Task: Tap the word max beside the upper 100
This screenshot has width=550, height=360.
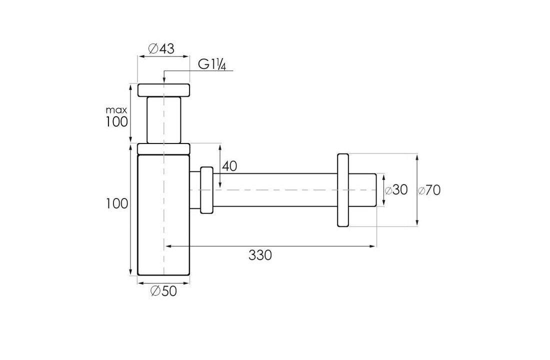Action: coord(117,109)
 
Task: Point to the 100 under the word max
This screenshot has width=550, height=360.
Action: coord(117,121)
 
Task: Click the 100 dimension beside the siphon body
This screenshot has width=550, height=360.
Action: coord(117,203)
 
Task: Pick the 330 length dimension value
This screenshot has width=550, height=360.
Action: coord(260,255)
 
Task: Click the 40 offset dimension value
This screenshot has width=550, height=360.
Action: coord(229,166)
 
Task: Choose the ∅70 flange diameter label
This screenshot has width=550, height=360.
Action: coord(430,190)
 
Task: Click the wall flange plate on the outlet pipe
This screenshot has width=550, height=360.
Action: coord(342,190)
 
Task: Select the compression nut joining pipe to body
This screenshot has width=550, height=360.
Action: coord(206,190)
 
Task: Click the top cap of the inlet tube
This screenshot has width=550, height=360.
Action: coord(163,90)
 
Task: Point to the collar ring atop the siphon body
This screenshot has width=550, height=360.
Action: coord(163,148)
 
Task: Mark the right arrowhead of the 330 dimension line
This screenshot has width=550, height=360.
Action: coord(373,246)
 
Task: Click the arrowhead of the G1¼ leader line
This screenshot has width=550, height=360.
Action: coord(163,81)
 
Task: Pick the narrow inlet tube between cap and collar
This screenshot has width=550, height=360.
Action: coord(163,120)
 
